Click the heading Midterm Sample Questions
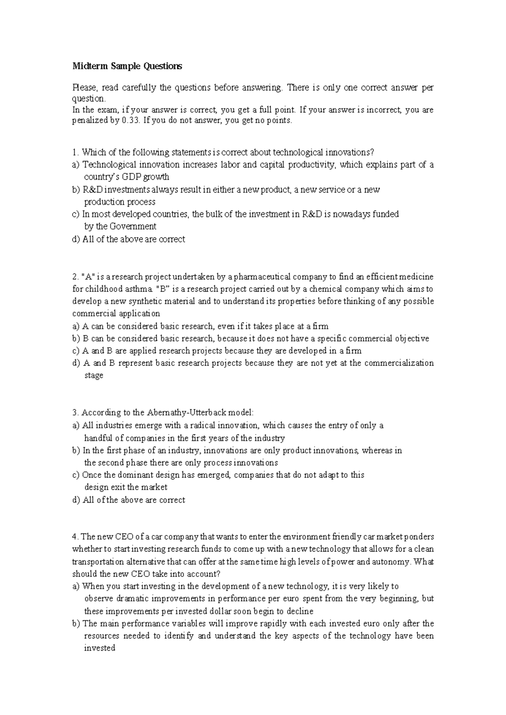coord(127,66)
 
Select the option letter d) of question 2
coord(76,363)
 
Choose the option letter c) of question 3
coord(76,475)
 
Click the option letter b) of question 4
coord(76,623)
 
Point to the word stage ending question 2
coord(94,375)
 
